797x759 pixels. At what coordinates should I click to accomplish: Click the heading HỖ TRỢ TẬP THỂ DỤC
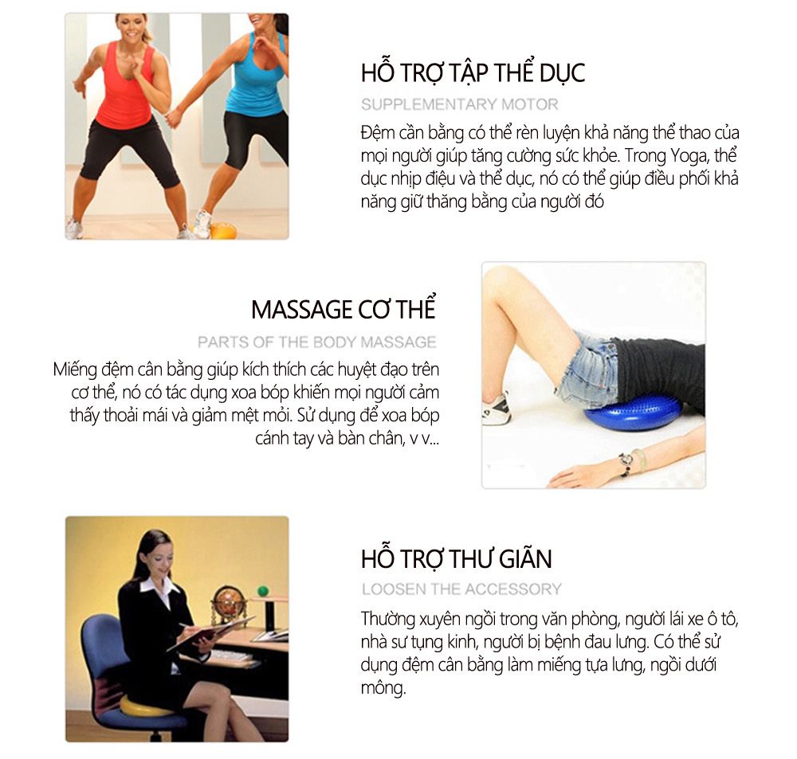click(473, 72)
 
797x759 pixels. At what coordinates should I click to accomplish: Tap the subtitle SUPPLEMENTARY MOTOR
click(460, 104)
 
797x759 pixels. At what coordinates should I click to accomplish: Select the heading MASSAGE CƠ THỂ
click(344, 309)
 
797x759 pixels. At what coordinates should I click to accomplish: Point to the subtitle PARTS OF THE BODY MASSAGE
click(316, 342)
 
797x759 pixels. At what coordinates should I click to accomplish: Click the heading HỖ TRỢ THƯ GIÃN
click(456, 558)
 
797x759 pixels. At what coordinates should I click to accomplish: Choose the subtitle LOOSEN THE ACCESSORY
click(461, 589)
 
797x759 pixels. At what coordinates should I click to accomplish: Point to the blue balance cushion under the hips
click(630, 413)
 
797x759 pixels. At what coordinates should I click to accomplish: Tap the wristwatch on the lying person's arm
click(626, 461)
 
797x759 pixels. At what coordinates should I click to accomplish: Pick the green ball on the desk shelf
click(263, 591)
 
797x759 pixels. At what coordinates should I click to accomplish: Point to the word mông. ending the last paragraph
click(383, 688)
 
